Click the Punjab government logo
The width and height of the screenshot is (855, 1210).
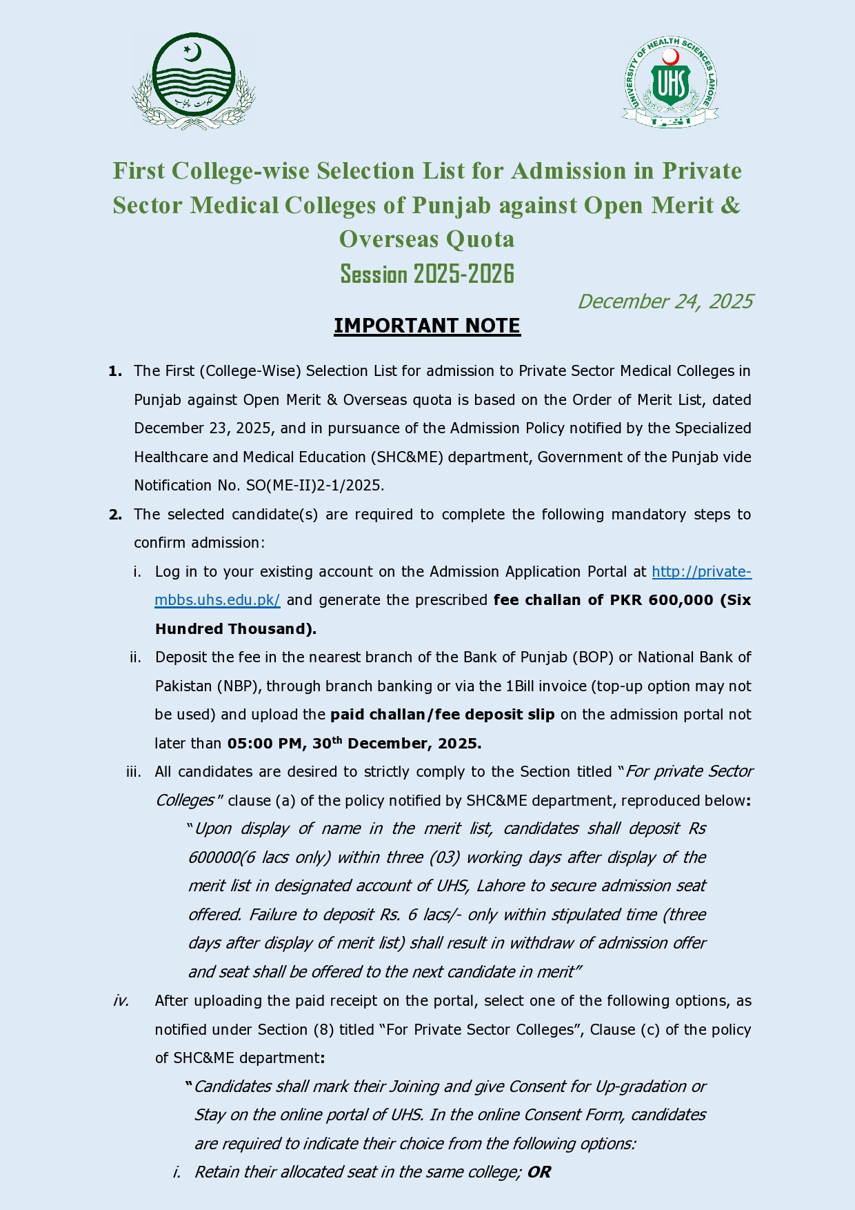click(x=194, y=81)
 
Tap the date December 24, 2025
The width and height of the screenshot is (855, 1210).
click(x=665, y=301)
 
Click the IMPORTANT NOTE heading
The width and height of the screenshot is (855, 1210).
click(x=427, y=326)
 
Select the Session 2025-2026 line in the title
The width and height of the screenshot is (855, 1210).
click(x=427, y=274)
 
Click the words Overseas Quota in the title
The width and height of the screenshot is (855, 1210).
click(x=427, y=239)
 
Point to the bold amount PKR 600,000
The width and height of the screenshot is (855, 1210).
click(x=661, y=600)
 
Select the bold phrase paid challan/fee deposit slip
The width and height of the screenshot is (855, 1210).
click(x=442, y=715)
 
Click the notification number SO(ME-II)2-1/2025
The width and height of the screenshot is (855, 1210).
click(x=314, y=486)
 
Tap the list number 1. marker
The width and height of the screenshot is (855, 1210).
click(x=115, y=371)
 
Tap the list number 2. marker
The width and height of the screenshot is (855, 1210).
click(x=115, y=515)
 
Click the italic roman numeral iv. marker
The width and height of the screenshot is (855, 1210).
click(x=121, y=1001)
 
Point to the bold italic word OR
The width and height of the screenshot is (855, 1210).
click(x=539, y=1172)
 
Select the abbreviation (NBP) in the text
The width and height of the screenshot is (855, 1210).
click(x=239, y=686)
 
